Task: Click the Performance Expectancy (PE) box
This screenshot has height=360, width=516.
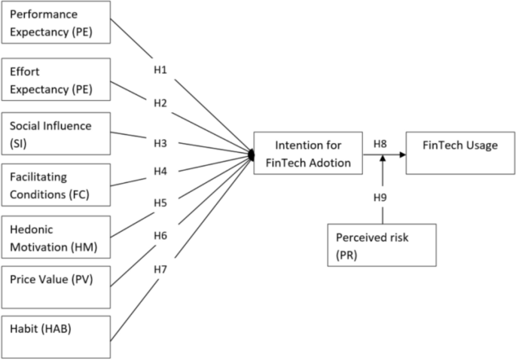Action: tap(55, 22)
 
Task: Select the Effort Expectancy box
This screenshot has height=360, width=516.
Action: tap(55, 79)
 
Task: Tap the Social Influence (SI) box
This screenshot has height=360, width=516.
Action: tap(55, 133)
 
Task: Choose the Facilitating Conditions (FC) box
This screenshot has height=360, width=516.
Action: tap(55, 185)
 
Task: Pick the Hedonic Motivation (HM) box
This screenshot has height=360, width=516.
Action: tap(55, 235)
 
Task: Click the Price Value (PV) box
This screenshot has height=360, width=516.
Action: tap(55, 285)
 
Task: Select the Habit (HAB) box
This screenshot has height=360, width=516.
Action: tap(55, 337)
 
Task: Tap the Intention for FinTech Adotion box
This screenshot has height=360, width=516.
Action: tap(307, 153)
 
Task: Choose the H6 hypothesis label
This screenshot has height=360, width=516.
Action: tap(160, 235)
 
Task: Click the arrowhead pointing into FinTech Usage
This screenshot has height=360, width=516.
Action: tap(401, 154)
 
